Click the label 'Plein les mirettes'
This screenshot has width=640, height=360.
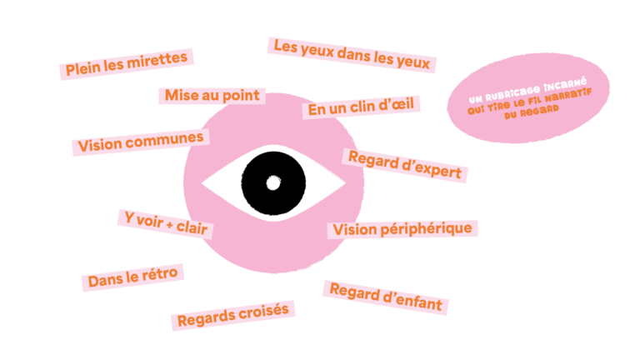point(127,64)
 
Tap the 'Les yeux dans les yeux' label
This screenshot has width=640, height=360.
point(352,55)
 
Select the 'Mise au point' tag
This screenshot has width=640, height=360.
point(212,96)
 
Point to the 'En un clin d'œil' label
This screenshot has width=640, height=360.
point(361,107)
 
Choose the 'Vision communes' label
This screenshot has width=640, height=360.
point(141,142)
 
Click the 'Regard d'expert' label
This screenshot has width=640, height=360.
point(405,165)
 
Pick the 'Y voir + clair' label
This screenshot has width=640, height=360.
point(166,224)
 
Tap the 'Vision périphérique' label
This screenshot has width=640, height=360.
point(402,229)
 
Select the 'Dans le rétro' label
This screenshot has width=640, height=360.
point(133,277)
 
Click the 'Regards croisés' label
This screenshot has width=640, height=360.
point(233,315)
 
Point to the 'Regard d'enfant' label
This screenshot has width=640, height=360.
point(386,297)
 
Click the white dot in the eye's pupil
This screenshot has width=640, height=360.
point(273,182)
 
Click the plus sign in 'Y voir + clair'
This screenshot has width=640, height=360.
point(169,223)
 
